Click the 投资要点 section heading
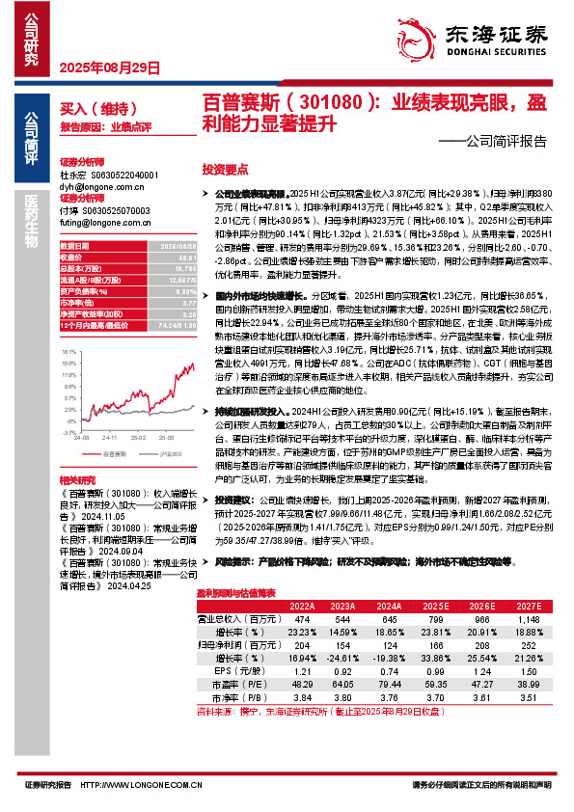224,168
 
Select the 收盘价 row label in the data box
72,257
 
